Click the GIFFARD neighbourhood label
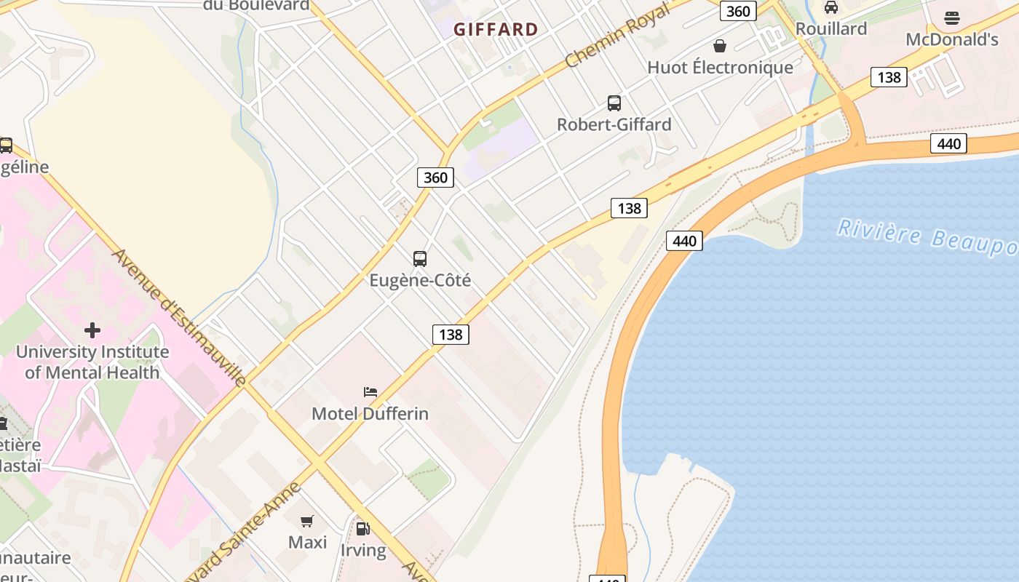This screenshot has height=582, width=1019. [496, 30]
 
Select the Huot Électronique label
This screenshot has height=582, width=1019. [720, 68]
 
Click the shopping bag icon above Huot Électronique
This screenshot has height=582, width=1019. [720, 47]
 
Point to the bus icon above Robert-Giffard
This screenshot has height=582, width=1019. [614, 103]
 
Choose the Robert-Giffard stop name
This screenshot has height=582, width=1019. [614, 124]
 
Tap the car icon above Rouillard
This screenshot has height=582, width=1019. [830, 8]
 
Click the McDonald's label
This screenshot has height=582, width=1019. [951, 39]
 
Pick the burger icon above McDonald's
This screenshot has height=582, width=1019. [951, 18]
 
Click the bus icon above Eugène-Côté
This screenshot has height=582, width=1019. [420, 258]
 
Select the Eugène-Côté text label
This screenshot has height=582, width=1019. [420, 280]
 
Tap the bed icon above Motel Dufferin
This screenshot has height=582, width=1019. [370, 392]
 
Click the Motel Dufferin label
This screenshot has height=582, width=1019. [370, 414]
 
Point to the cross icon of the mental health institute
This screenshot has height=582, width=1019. [92, 330]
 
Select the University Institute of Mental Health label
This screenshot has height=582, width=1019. [92, 362]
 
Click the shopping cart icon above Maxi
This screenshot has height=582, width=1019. [307, 521]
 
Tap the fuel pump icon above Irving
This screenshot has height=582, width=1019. [362, 529]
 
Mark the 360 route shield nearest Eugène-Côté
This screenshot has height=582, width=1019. [435, 178]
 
